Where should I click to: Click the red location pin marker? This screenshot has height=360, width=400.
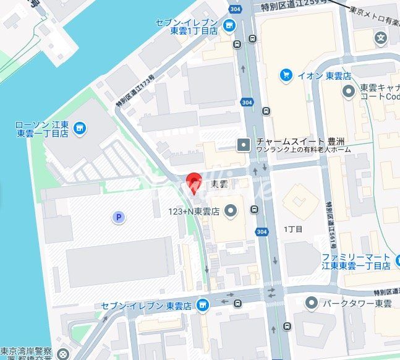click(x=194, y=181)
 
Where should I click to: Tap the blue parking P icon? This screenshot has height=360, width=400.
click(x=117, y=216)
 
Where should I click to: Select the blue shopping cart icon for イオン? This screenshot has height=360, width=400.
click(x=285, y=75)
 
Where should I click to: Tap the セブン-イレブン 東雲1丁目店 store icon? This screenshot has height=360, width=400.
click(x=229, y=25)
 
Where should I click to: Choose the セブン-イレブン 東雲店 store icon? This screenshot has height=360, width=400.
click(x=202, y=305)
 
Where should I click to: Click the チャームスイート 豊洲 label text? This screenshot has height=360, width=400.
click(x=294, y=140)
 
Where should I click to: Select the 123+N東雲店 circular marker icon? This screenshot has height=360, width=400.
click(x=231, y=212)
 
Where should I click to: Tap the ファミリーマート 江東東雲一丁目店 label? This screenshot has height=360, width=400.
click(x=355, y=261)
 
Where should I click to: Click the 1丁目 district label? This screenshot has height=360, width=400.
click(x=293, y=229)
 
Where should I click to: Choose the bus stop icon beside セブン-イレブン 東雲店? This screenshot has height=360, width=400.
click(x=238, y=303)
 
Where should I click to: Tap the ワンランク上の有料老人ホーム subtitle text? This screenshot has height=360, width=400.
click(x=303, y=150)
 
